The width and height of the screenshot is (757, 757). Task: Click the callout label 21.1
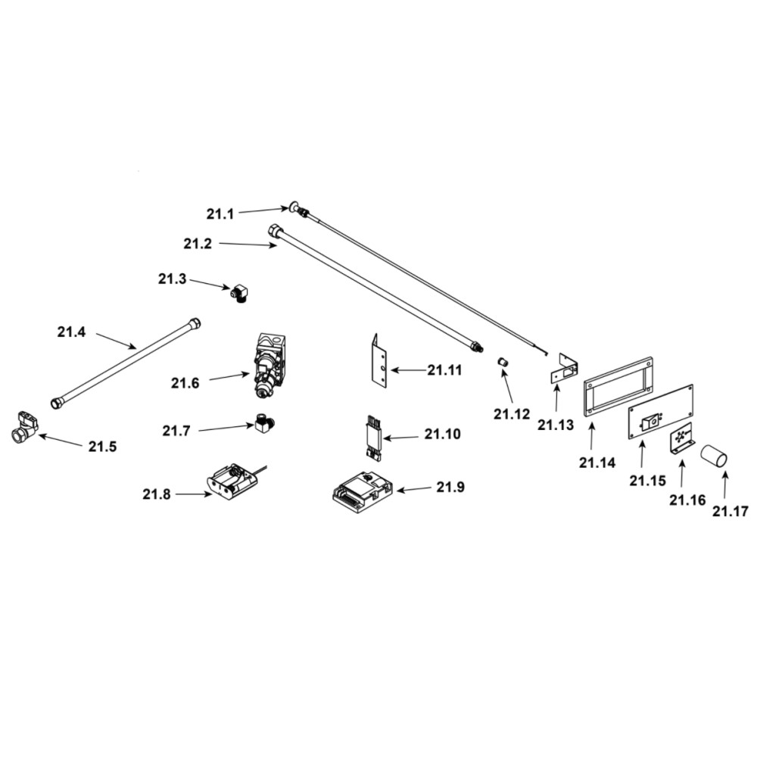[220, 214]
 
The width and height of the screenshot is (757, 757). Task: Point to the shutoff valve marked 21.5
[24, 428]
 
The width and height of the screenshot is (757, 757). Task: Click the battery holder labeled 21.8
[232, 482]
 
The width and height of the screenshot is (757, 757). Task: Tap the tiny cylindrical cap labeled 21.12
[502, 364]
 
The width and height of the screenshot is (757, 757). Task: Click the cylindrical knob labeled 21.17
[713, 456]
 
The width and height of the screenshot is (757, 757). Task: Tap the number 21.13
[556, 425]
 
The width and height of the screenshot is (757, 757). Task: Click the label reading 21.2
[198, 244]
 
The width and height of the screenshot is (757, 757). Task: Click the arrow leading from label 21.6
[229, 375]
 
